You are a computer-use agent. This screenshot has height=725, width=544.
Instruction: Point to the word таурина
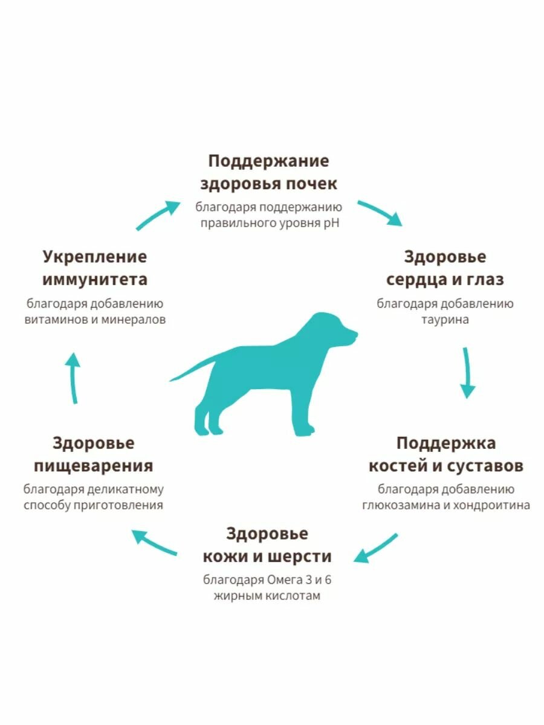pos(445,320)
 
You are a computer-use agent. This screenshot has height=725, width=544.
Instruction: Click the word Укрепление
pos(94,257)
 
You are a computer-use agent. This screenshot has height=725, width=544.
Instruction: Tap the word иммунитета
pos(94,280)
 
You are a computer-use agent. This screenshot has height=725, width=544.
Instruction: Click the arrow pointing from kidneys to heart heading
pos(380,213)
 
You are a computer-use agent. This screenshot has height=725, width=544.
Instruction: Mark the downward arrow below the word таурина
pos(467,372)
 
